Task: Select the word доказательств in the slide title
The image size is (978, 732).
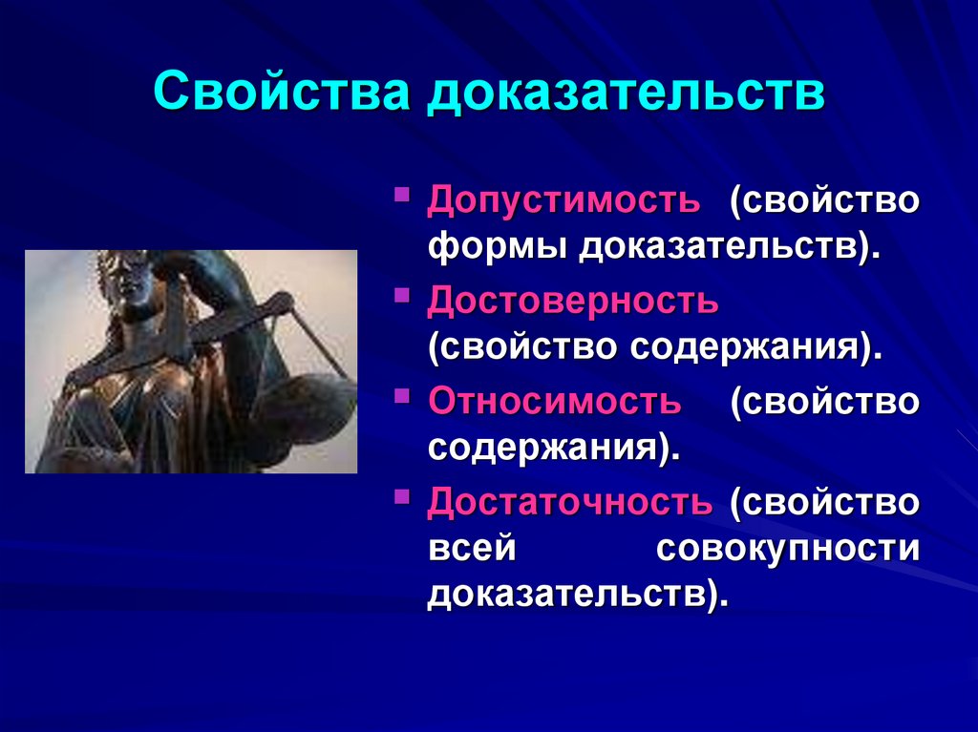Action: [625, 95]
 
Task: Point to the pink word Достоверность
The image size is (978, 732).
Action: [573, 301]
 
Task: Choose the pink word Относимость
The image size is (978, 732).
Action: [555, 401]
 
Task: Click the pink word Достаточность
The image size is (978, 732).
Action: [570, 501]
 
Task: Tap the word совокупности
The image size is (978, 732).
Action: [789, 550]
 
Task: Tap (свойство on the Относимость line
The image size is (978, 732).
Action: [825, 401]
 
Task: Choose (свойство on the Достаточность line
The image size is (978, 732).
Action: [825, 501]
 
